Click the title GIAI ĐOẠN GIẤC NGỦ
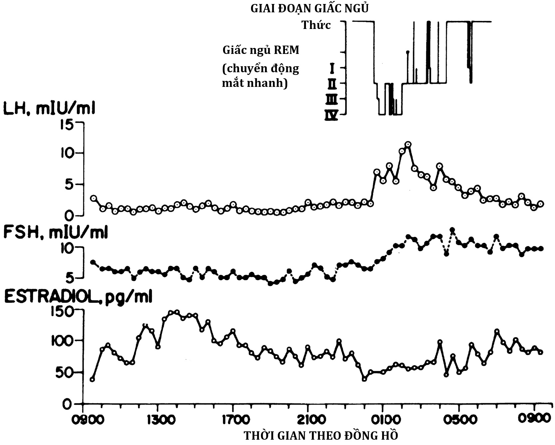pyautogui.click(x=309, y=8)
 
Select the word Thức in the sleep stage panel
pyautogui.click(x=316, y=25)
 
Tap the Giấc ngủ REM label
pyautogui.click(x=261, y=50)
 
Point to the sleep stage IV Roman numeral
pyautogui.click(x=332, y=115)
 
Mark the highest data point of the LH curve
pyautogui.click(x=408, y=144)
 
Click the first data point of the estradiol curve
pyautogui.click(x=92, y=379)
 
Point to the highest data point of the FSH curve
pyautogui.click(x=452, y=230)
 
